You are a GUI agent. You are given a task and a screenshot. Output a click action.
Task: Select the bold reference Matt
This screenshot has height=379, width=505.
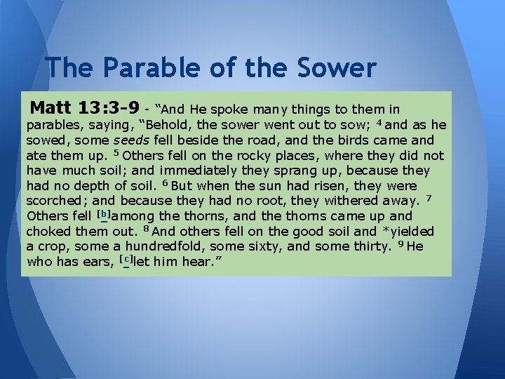coord(56,109)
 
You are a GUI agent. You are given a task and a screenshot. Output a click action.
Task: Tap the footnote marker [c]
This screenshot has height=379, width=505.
coord(127,259)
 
